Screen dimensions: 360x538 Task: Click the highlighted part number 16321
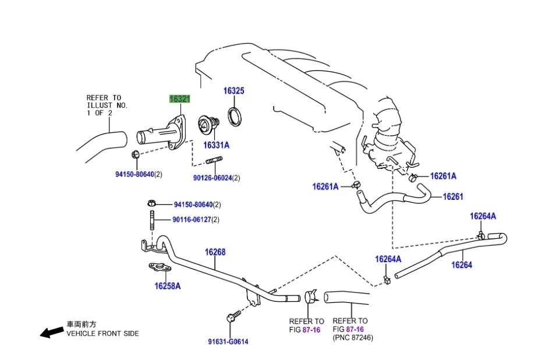coord(179,99)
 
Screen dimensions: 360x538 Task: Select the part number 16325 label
coord(234,91)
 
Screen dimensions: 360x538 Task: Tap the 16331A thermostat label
coord(216,145)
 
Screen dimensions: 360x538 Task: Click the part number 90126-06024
coord(213,178)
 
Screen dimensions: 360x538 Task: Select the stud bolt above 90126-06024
coord(214,161)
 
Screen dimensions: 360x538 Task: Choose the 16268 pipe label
coord(215,252)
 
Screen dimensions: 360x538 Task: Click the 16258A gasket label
coord(167,286)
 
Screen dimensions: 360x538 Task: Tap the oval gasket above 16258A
coord(158,269)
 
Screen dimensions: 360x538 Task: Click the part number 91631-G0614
coord(228,342)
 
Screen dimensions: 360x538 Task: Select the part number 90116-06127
coord(192,220)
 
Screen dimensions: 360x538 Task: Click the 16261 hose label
coord(452,196)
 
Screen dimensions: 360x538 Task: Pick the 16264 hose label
coord(462,265)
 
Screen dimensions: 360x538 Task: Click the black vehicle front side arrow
coord(51,331)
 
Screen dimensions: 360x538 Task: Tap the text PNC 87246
coord(353,337)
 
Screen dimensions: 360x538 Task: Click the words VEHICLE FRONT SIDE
coord(102,334)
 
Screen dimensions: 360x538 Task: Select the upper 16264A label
coord(483,216)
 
